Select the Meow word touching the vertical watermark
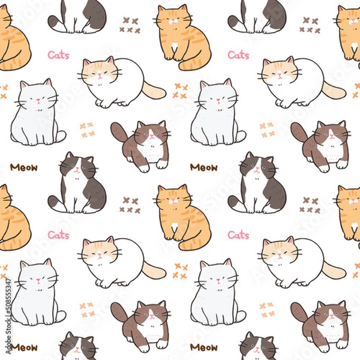click(23, 347)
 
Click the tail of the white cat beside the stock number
click(59, 316)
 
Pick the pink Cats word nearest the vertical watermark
click(58, 235)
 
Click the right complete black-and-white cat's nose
click(256, 170)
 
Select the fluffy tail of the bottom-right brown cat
click(299, 312)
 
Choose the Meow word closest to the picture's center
click(203, 167)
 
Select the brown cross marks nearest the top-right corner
click(311, 25)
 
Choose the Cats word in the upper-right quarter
click(238, 55)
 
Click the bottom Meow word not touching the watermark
click(203, 347)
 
